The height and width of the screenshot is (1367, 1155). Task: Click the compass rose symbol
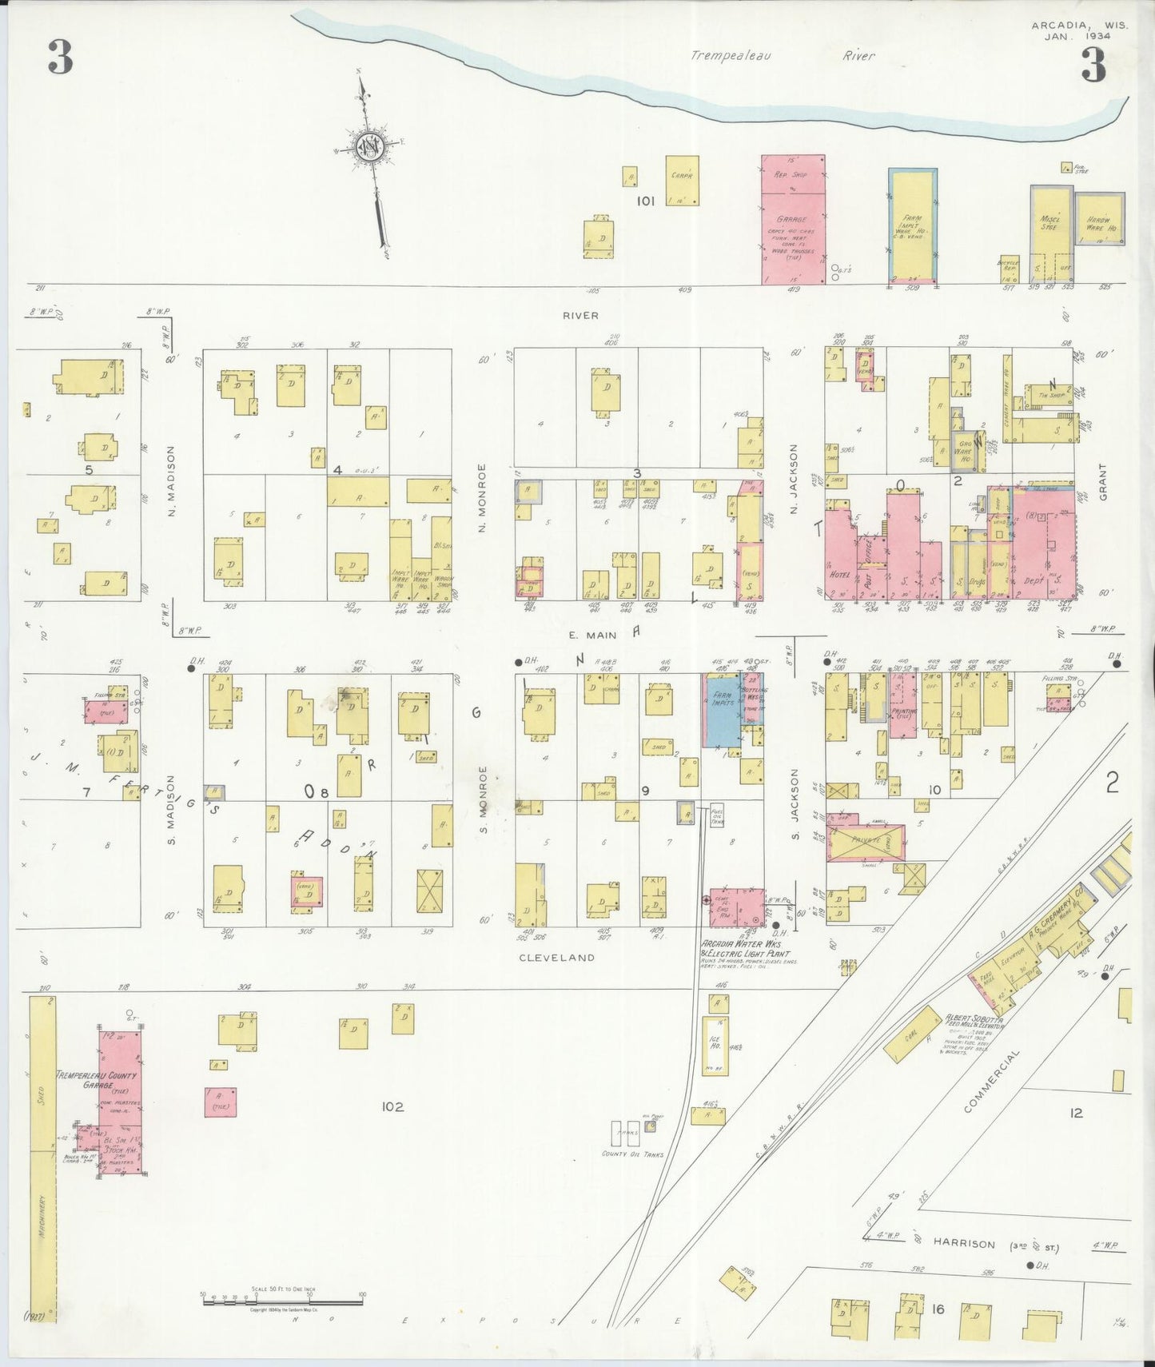[369, 148]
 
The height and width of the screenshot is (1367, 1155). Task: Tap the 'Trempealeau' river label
[731, 56]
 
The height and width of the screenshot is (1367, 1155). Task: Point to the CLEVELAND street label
[557, 957]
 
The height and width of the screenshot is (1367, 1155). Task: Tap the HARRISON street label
[963, 1244]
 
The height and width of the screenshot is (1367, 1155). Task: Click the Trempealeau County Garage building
[119, 1103]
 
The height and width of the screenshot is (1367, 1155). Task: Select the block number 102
[392, 1106]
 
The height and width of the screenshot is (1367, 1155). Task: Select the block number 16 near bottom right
[938, 1309]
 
